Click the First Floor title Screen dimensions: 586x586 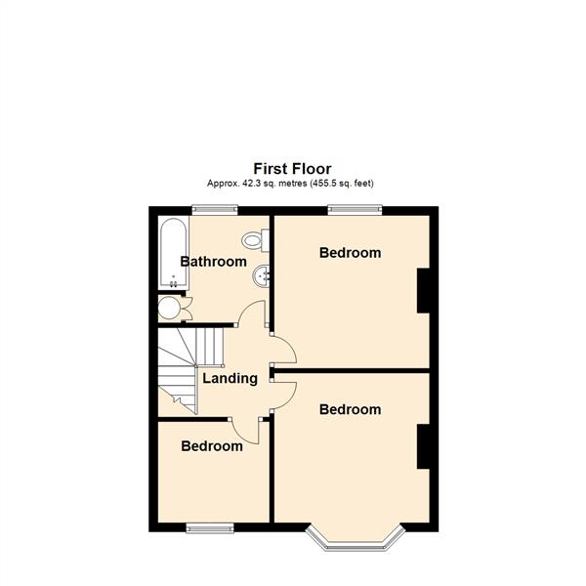pos(292,169)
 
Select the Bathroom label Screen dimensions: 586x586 pos(213,262)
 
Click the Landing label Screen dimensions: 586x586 pos(230,378)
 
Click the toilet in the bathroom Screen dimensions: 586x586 pos(256,237)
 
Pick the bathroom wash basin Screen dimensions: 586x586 pos(262,275)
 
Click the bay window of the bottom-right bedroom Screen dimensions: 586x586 pos(355,539)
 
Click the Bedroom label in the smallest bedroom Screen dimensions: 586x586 pos(212,446)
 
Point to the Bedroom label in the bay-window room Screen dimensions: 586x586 pos(350,410)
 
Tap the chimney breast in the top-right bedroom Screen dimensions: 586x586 pos(426,290)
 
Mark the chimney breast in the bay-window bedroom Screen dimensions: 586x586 pos(426,447)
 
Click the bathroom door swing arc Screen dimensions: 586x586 pos(251,314)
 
